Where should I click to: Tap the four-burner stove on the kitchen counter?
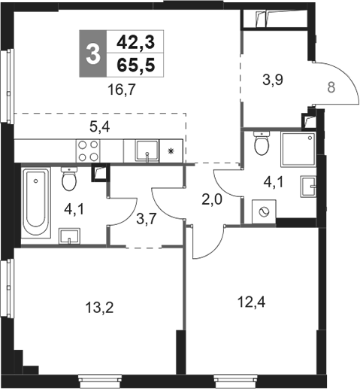(x=88, y=151)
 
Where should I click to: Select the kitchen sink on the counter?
(x=147, y=150)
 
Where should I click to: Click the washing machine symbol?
(x=264, y=211)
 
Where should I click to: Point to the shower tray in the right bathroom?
(x=298, y=150)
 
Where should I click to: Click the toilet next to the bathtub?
(x=69, y=179)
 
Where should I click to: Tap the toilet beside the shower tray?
(x=262, y=143)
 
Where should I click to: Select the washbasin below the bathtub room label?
(x=69, y=236)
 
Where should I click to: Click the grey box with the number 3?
(x=93, y=53)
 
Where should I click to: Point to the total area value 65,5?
(x=136, y=65)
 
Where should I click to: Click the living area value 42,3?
(x=136, y=42)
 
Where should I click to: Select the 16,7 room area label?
(x=122, y=90)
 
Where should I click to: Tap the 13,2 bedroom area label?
(x=99, y=308)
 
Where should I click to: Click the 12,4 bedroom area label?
(x=251, y=302)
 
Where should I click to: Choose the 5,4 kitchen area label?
(x=99, y=127)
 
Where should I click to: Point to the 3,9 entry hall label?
(x=273, y=81)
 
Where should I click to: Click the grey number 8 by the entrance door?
(x=331, y=88)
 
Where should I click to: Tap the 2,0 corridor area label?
(x=212, y=200)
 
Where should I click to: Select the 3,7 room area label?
(x=147, y=219)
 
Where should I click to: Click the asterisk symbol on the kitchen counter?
(x=171, y=151)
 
